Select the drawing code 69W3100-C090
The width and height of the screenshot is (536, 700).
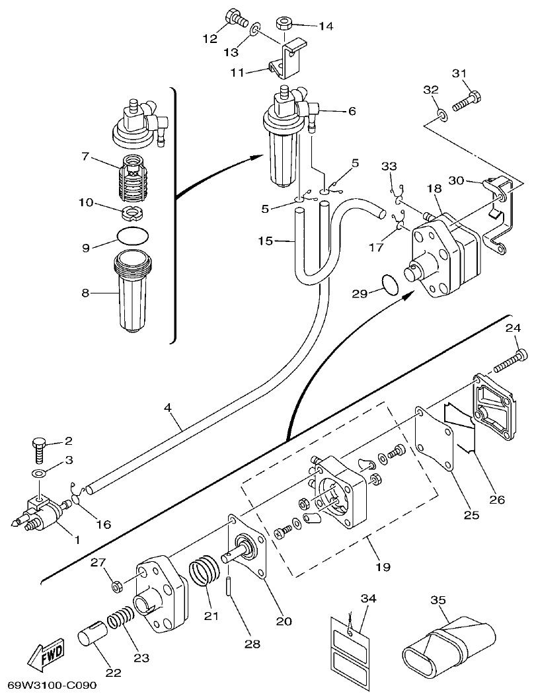52,685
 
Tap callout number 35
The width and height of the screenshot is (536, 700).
438,601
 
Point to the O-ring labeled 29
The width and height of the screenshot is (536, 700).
390,285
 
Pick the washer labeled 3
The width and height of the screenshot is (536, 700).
40,474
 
